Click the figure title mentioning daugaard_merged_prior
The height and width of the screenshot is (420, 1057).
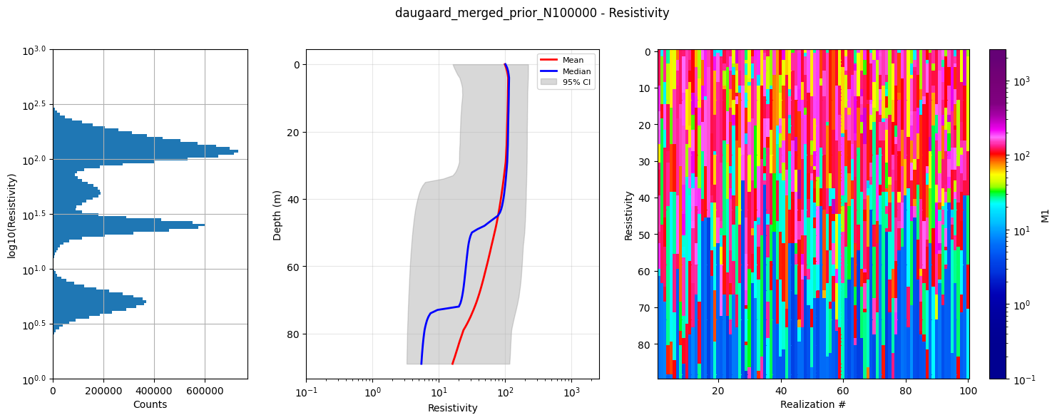532,13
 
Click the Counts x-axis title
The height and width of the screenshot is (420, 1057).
150,404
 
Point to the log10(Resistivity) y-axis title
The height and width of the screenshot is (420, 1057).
12,215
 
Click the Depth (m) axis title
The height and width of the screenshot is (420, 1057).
277,215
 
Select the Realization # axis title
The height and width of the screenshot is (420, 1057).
813,404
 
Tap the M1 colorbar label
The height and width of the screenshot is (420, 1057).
1045,215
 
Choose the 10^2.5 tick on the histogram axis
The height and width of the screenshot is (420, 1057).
33,105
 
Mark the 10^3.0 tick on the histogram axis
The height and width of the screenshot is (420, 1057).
33,50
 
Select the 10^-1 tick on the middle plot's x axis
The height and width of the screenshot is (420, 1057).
307,391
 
